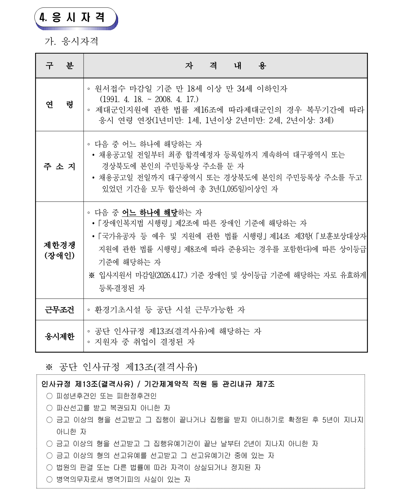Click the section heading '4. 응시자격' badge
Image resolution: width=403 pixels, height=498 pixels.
(x=75, y=18)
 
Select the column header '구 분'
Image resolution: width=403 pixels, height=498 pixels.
(x=59, y=66)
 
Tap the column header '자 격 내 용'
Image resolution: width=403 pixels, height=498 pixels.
(x=225, y=66)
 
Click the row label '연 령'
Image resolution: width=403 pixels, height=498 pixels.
(x=59, y=105)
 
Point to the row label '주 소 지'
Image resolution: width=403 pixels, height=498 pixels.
(x=59, y=166)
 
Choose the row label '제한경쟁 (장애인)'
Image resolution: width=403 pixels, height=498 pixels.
(x=59, y=250)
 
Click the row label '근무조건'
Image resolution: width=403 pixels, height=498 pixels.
(x=59, y=309)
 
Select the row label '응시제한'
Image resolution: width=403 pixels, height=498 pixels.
(x=59, y=336)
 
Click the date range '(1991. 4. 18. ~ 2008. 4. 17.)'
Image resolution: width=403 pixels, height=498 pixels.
(x=149, y=99)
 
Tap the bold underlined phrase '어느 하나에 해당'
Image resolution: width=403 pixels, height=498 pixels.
(x=149, y=213)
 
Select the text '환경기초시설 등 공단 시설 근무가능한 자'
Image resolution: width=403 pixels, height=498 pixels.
(x=170, y=310)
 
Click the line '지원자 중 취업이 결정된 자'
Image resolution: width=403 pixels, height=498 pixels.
(x=145, y=342)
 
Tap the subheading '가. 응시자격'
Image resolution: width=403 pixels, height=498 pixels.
(x=71, y=41)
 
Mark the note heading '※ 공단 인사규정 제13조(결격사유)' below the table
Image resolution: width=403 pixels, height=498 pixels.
(x=121, y=367)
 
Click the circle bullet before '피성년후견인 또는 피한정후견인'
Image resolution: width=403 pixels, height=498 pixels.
(x=49, y=396)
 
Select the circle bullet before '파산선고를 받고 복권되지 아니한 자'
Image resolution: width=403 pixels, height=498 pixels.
(x=49, y=408)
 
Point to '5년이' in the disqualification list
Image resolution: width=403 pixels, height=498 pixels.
(x=331, y=420)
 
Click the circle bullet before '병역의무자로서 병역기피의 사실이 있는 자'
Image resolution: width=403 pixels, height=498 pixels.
(x=49, y=479)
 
